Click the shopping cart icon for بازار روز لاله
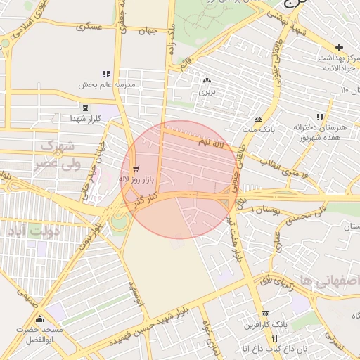(x=135, y=169)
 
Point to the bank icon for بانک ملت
(x=258, y=119)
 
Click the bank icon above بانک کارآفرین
(x=265, y=314)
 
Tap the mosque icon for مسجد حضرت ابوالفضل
(x=39, y=319)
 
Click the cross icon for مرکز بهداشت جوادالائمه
(x=339, y=46)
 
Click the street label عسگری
(x=91, y=27)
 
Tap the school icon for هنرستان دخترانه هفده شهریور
(x=320, y=117)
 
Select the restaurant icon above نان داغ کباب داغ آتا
(x=264, y=338)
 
